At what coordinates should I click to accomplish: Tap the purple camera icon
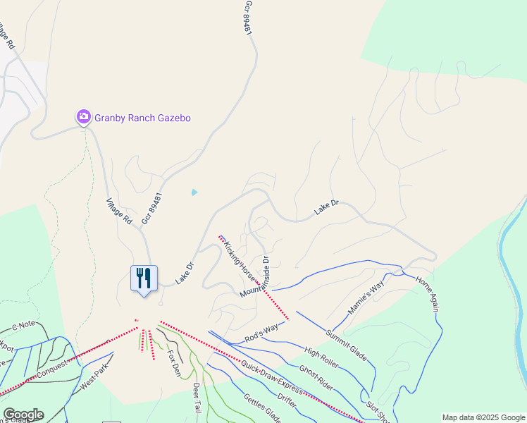(x=83, y=116)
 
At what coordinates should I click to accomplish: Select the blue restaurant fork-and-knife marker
(x=144, y=278)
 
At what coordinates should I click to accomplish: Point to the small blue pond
(x=194, y=191)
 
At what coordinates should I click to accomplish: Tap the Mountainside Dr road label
(x=255, y=277)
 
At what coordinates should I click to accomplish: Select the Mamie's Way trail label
(x=366, y=298)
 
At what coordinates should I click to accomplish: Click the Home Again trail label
(x=428, y=293)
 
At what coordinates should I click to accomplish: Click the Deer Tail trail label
(x=197, y=399)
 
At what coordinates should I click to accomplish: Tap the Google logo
(x=23, y=415)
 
